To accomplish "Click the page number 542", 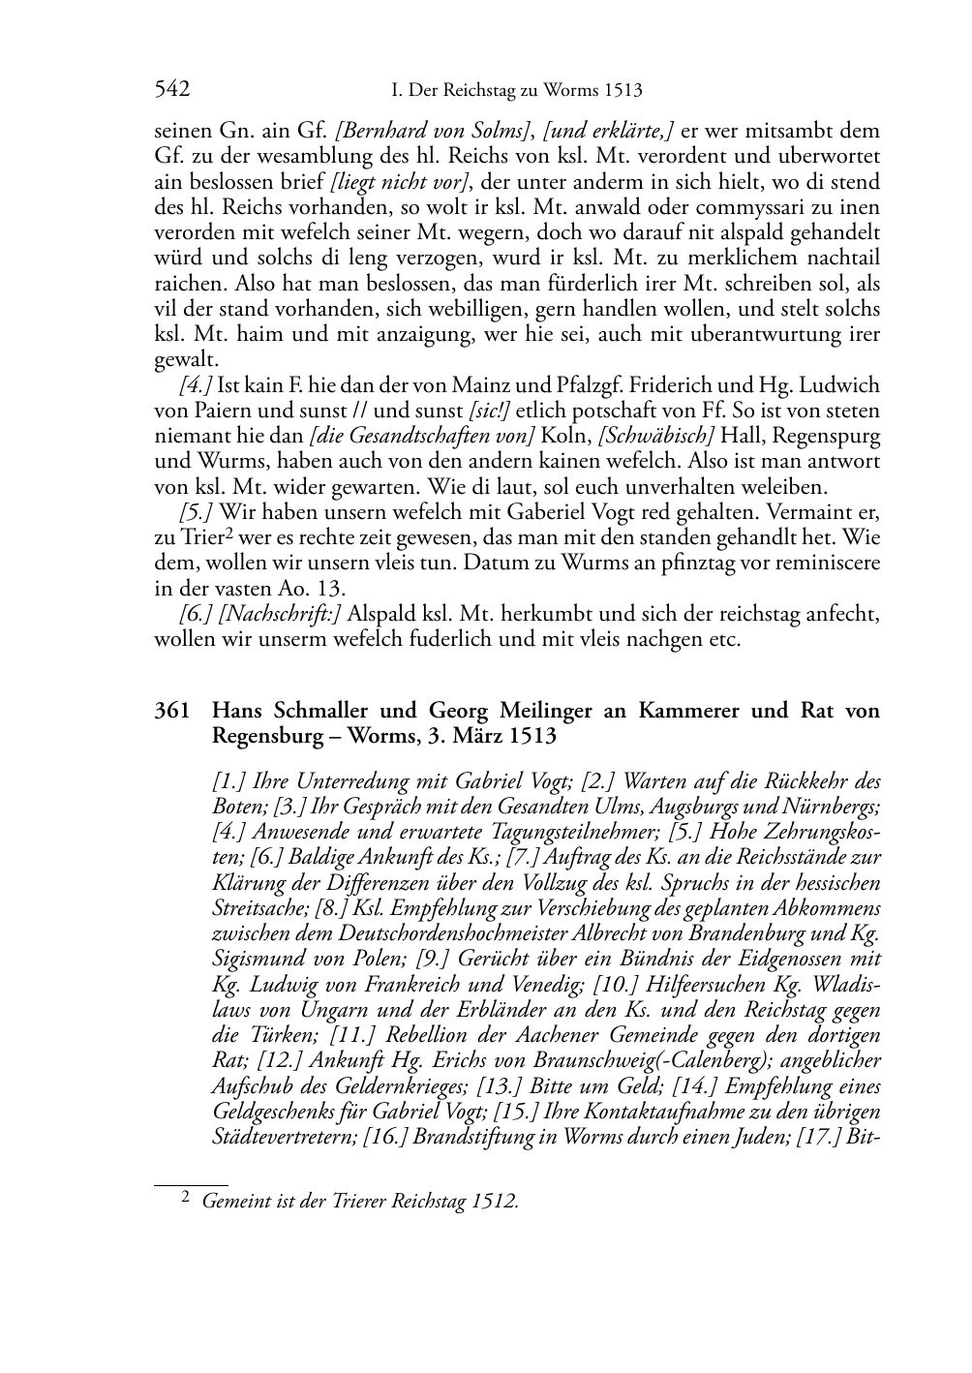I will [171, 90].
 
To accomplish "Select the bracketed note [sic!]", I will [490, 411].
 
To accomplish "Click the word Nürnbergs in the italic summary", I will [835, 807].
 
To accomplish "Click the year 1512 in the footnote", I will [496, 1202].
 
